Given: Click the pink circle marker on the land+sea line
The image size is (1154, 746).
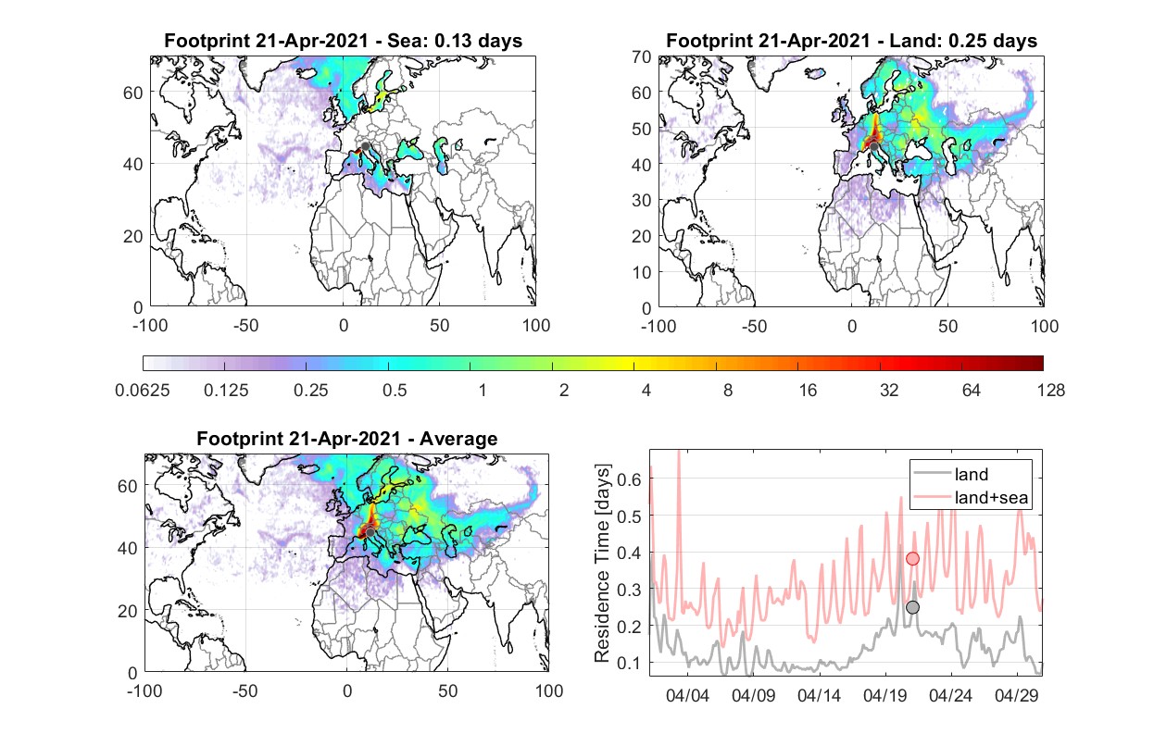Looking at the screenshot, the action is coord(912,559).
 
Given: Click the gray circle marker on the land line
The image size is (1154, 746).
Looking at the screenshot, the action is coord(912,607).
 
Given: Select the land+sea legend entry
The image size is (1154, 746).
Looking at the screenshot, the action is coord(970,497).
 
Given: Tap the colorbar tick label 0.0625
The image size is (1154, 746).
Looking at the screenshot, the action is coord(143,391).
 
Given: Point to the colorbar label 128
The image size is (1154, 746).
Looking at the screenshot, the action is coord(1050,391).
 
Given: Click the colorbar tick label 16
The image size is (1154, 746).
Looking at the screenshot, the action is coord(808,391).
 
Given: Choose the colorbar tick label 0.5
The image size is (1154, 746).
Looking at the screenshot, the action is coord(395,391).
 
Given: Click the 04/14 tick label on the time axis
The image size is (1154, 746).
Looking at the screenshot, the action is coord(819,696).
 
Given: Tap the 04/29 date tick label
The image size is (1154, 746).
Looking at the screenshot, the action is coord(1016,696).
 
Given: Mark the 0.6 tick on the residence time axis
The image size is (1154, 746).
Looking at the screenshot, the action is coord(629,479).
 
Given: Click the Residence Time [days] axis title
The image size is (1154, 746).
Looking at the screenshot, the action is coord(602,564).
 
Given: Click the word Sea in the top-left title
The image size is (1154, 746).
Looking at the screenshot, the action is coord(402,41).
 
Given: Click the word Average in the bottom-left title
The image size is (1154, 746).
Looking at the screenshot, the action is coord(458,439).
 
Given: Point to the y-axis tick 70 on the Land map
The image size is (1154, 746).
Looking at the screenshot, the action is coord(642,57).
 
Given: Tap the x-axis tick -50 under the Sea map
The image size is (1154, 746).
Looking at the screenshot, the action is coord(245,326).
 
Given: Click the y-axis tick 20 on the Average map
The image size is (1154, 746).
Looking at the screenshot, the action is coord(127,611).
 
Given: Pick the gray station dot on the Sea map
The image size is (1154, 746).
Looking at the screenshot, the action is coord(365,146).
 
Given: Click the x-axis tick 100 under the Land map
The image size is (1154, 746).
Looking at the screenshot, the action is coord(1045,327).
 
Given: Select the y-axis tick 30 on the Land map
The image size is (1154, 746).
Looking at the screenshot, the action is coord(642,200).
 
